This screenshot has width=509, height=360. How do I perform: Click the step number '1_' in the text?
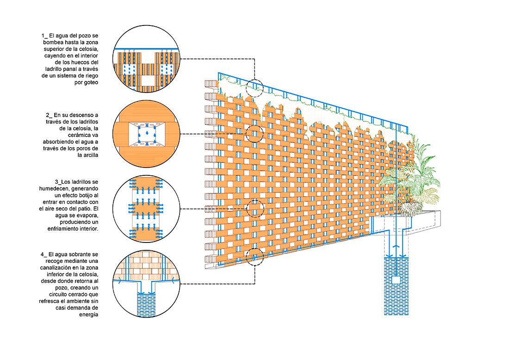pos(44,35)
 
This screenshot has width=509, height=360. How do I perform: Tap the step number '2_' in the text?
pos(49,115)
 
